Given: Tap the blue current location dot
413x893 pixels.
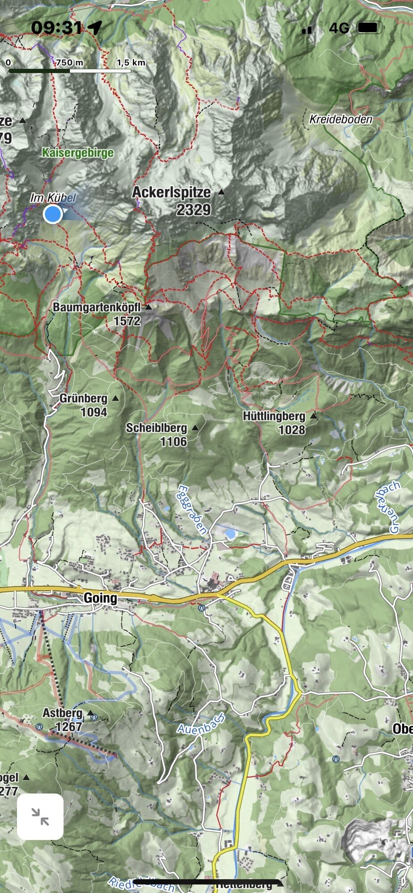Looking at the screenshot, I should tap(53, 214).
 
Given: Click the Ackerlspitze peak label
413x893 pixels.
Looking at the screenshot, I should tap(171, 192).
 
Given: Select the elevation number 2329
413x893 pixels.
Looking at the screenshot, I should tap(193, 210).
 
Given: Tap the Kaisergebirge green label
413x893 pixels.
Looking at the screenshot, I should tap(78, 153).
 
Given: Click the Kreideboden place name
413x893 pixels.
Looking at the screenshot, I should tap(341, 119).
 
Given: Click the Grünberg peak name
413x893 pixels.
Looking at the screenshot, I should tap(83, 398).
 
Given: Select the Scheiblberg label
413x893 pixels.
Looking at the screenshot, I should tap(156, 428).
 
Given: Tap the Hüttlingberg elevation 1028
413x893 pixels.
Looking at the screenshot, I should tap(292, 430).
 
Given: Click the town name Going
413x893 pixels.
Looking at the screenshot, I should tap(100, 598).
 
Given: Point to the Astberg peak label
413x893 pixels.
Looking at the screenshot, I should tap(63, 713).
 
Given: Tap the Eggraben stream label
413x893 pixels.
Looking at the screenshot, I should tap(193, 509).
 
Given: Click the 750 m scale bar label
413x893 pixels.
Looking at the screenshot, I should tap(70, 63).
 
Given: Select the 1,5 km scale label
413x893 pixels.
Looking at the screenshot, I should tap(131, 63).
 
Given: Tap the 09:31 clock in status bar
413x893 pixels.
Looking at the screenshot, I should tap(57, 28).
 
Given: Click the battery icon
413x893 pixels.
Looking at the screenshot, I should tap(369, 28).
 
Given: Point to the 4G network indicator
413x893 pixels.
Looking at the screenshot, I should tap(339, 28).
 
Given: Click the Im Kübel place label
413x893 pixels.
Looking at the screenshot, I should tap(53, 198).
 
